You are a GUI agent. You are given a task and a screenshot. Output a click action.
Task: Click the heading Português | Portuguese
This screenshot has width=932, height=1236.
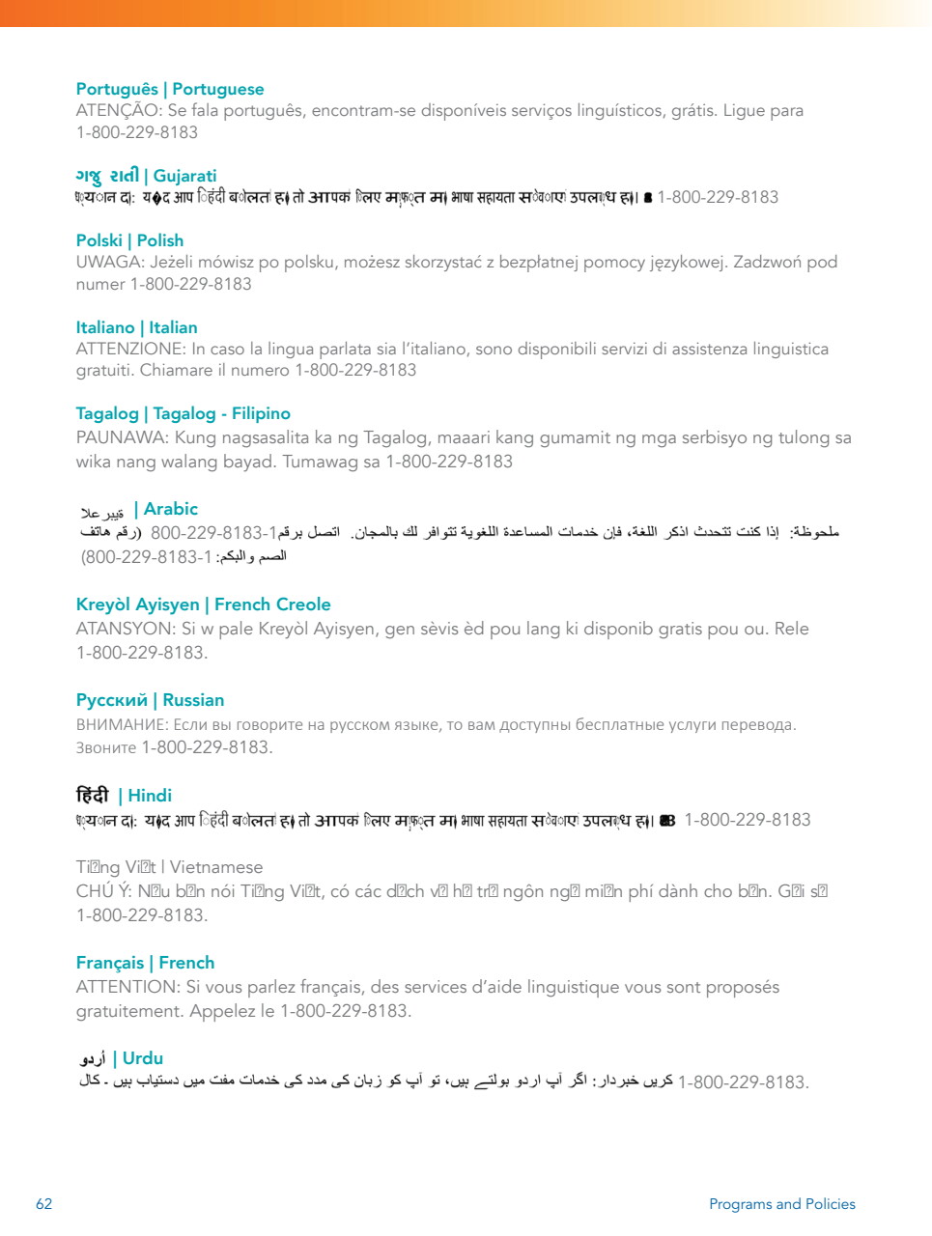point(170,89)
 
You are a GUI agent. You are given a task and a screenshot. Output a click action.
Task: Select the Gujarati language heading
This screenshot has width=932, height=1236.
point(147,176)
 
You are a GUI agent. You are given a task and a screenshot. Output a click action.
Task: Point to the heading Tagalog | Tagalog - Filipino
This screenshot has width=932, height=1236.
point(183,413)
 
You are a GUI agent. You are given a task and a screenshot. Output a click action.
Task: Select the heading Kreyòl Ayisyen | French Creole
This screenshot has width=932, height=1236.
point(203,604)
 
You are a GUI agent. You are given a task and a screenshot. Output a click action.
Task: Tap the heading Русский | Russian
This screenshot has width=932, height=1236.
point(150,700)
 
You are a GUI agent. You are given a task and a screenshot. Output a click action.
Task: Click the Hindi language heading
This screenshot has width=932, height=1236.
point(125,796)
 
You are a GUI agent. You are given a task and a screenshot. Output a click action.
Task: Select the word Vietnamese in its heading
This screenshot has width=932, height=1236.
point(216,867)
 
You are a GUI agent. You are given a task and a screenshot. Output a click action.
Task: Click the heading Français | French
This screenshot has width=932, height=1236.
point(145,963)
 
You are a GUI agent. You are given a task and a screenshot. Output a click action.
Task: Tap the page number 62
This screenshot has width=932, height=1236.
point(44,1204)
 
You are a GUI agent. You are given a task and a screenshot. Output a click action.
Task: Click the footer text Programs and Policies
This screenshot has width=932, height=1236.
point(782,1204)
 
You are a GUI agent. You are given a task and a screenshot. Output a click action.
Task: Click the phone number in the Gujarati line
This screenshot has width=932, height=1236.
point(718,197)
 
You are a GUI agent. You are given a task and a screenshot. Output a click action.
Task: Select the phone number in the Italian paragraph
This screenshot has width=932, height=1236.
point(355,370)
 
